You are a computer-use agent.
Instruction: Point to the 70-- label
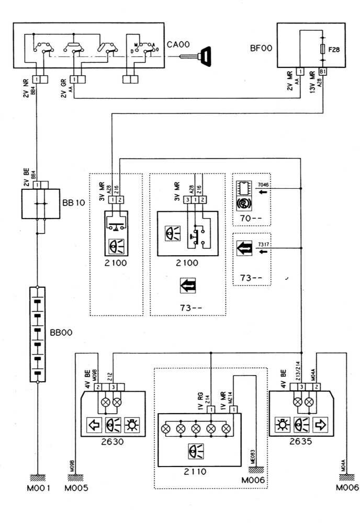coord(250,215)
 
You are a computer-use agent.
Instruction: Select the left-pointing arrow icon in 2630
coord(95,424)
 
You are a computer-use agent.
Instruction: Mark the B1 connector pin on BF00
coord(323,71)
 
